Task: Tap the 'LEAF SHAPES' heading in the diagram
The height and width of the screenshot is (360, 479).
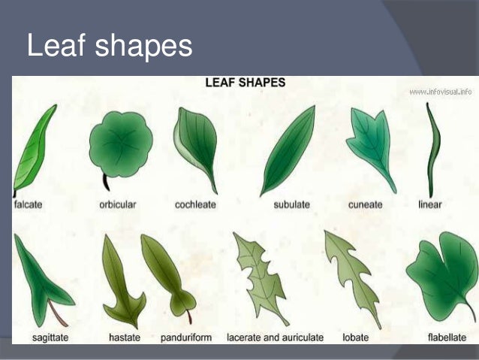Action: coord(245,83)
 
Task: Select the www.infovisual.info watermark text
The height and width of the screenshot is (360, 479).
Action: coord(440,92)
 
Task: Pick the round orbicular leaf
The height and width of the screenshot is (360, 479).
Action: coord(120,145)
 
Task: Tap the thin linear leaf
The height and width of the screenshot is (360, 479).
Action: coord(432,150)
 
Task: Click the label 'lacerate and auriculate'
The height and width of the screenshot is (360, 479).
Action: coord(275,338)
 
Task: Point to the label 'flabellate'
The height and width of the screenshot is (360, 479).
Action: coord(447,338)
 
